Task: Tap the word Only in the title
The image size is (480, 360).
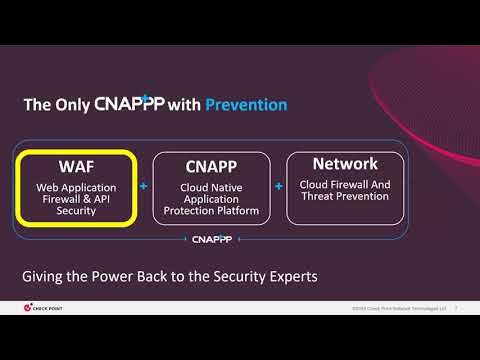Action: [x=71, y=104]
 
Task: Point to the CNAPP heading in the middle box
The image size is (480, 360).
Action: [x=210, y=165]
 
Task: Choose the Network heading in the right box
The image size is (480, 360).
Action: [x=345, y=163]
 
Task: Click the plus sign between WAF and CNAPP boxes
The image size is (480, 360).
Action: [x=143, y=186]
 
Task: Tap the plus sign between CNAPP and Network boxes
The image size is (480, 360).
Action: [x=278, y=186]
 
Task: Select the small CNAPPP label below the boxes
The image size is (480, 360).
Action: [x=211, y=240]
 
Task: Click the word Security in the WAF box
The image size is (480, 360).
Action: [x=78, y=211]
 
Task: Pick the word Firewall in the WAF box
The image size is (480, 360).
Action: [x=60, y=199]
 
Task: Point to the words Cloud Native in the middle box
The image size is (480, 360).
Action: [x=210, y=187]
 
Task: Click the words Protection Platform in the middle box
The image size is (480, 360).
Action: [x=210, y=211]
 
